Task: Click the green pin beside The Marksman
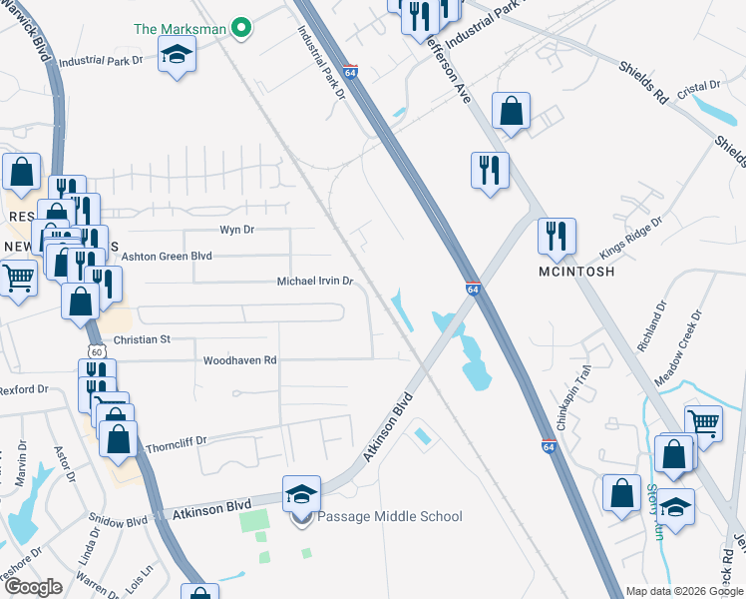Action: [239, 28]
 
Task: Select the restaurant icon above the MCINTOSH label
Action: [552, 237]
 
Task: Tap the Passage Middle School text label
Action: [389, 516]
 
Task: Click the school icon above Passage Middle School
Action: [301, 494]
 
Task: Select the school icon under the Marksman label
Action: [177, 55]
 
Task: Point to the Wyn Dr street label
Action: [237, 230]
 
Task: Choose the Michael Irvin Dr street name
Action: [315, 283]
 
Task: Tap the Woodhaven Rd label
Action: [239, 360]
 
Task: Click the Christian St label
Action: [143, 340]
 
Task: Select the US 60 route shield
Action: [95, 351]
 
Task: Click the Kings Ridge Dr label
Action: [630, 238]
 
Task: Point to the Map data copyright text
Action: [683, 591]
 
